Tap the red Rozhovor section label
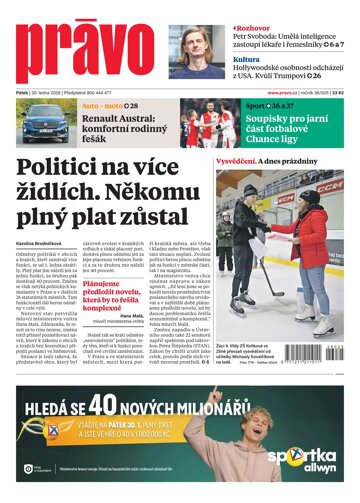pyautogui.click(x=247, y=7)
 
